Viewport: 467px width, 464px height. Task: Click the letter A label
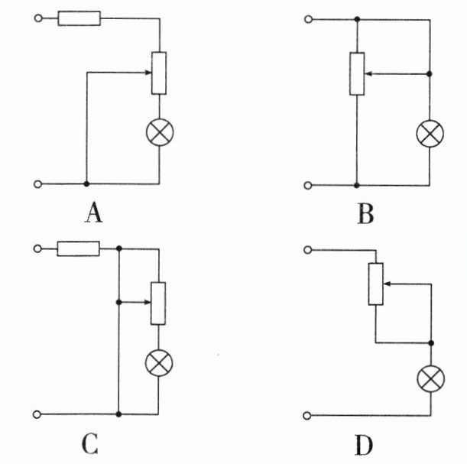93,214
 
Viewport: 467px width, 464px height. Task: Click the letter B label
365,214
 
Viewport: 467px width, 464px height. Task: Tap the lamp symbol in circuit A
159,132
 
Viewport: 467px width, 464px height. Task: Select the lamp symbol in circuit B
429,134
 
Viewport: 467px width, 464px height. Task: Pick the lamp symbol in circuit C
159,363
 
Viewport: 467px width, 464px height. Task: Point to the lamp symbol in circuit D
431,377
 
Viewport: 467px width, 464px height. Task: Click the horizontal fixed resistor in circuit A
79,18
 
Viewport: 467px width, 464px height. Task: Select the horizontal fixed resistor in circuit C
78,248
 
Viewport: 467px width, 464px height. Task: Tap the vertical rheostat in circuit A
159,73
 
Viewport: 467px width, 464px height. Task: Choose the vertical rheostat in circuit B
356,74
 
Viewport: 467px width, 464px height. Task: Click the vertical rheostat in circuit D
375,284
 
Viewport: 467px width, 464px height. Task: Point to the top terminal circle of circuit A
37,18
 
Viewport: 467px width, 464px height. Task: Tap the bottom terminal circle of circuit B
308,184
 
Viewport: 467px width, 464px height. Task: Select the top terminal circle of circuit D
308,248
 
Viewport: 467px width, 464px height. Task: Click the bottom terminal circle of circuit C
37,414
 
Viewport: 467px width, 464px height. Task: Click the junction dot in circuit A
86,184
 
